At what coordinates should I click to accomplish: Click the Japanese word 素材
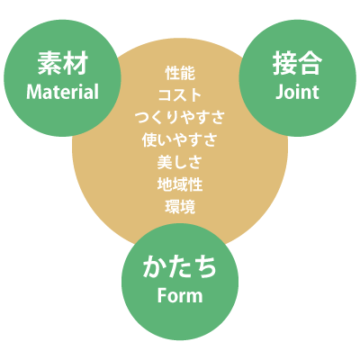(x=63, y=63)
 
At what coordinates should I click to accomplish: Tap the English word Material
(x=62, y=92)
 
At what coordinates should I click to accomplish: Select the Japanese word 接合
(x=297, y=63)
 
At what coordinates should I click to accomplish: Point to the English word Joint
(x=297, y=92)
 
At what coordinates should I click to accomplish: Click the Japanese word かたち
(x=180, y=266)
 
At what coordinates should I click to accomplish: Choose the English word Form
(x=180, y=295)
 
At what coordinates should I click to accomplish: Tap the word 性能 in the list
(x=180, y=73)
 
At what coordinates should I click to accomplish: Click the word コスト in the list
(x=180, y=95)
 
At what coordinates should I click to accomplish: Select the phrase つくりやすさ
(x=180, y=118)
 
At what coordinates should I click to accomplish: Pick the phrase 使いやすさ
(x=180, y=139)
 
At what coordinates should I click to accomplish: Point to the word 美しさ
(x=180, y=162)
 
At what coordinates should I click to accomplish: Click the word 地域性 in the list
(x=180, y=184)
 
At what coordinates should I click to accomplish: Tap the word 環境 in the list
(x=180, y=206)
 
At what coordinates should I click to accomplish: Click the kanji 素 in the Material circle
(x=49, y=63)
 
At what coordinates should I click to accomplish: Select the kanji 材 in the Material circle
(x=76, y=63)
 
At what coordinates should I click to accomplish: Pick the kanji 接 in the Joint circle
(x=284, y=63)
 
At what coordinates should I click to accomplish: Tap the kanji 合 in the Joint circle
(x=310, y=63)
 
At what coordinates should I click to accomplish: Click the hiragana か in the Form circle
(x=155, y=266)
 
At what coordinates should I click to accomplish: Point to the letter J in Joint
(x=279, y=92)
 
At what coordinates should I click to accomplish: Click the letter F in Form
(x=162, y=295)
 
